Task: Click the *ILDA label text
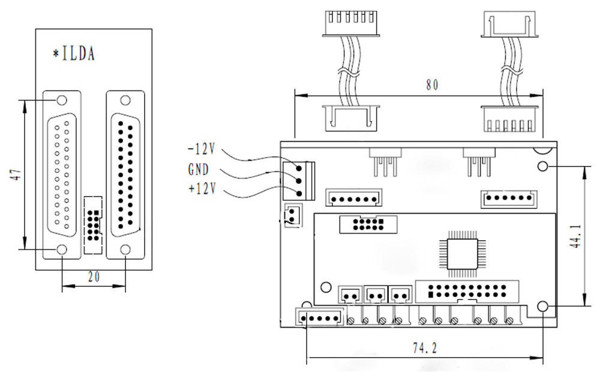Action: pyautogui.click(x=74, y=53)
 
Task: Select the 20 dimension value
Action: pyautogui.click(x=94, y=277)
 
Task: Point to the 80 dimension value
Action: pyautogui.click(x=432, y=85)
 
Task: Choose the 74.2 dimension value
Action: pyautogui.click(x=425, y=348)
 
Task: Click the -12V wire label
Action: pyautogui.click(x=201, y=149)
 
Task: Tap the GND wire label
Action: pyautogui.click(x=199, y=170)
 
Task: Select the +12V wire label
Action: pyautogui.click(x=202, y=189)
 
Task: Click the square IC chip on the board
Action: pyautogui.click(x=462, y=254)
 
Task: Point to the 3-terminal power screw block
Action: pyautogui.click(x=298, y=181)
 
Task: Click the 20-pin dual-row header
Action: pyautogui.click(x=467, y=292)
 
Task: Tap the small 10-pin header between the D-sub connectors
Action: pyautogui.click(x=93, y=225)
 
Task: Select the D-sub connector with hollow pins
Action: pyautogui.click(x=62, y=175)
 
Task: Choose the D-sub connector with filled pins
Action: pyautogui.click(x=125, y=175)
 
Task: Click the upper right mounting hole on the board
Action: pyautogui.click(x=542, y=167)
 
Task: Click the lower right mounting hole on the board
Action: pyautogui.click(x=542, y=307)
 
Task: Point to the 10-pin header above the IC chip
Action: pyautogui.click(x=368, y=224)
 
